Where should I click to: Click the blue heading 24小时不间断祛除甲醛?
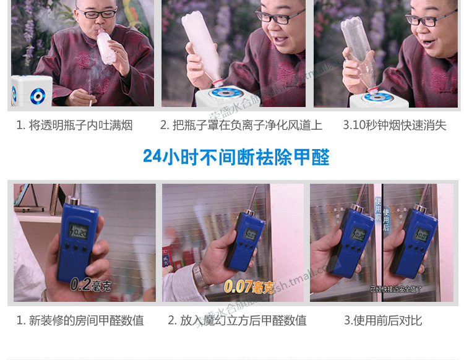pos(236,156)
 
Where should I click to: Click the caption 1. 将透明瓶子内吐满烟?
pos(74,125)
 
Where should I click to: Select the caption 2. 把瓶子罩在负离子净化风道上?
pos(241,125)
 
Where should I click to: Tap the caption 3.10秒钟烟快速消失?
pos(394,125)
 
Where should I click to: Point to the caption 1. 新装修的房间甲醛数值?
pos(80,320)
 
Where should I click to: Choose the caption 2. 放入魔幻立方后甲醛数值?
pos(237,320)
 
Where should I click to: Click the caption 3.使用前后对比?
pos(383,320)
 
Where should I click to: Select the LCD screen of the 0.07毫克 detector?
pos(251,235)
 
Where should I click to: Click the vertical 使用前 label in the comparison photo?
pos(377,208)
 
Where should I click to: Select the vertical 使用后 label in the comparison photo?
pos(387,218)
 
